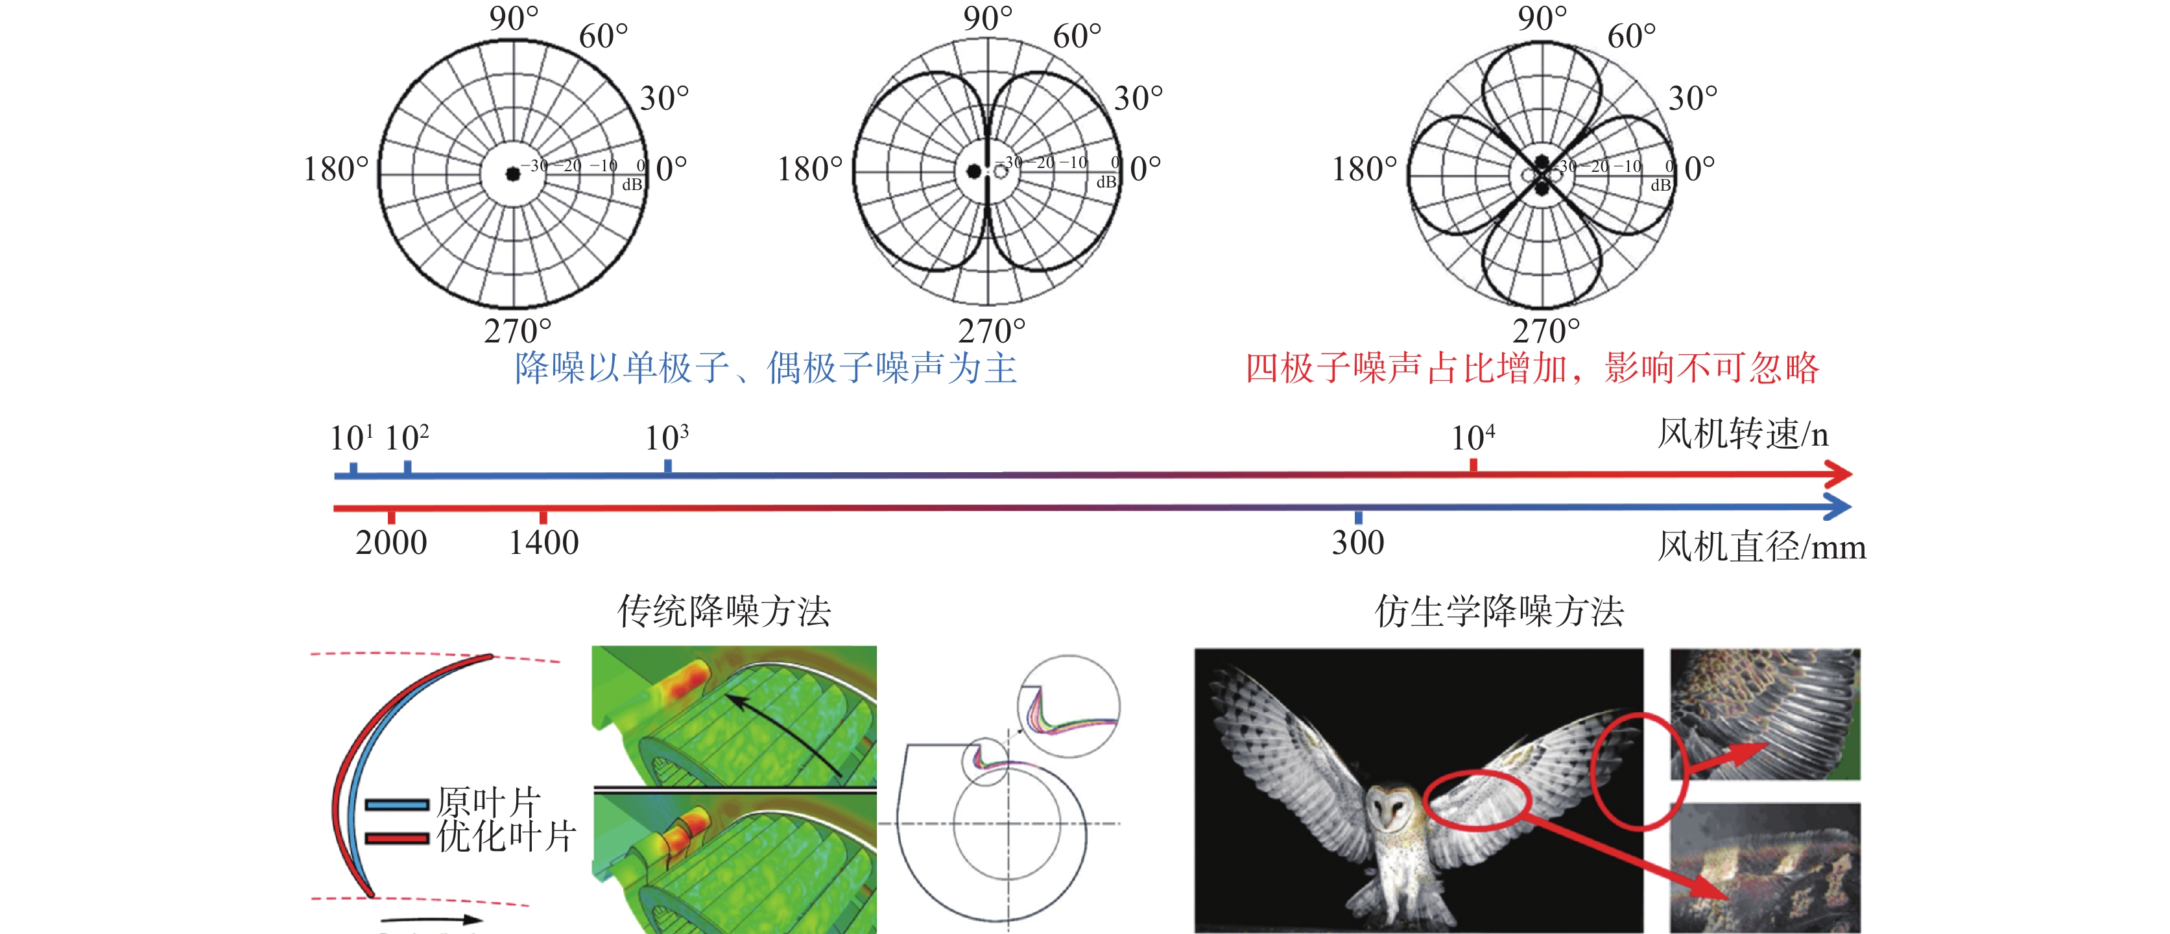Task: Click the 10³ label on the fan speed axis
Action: coord(666,438)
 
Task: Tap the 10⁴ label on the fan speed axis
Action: coord(1472,438)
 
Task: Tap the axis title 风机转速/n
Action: coord(1743,435)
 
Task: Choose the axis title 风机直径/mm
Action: coord(1761,547)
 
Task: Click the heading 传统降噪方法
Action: coord(724,610)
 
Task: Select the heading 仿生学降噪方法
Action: coord(1499,610)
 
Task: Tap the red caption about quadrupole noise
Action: coord(1532,368)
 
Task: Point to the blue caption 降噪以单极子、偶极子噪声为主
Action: coord(766,368)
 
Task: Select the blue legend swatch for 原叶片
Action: coord(397,805)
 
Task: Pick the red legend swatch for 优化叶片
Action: coord(397,838)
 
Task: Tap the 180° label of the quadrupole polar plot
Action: coord(1364,169)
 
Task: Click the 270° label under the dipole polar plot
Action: coord(992,331)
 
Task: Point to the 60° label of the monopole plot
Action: coord(603,36)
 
